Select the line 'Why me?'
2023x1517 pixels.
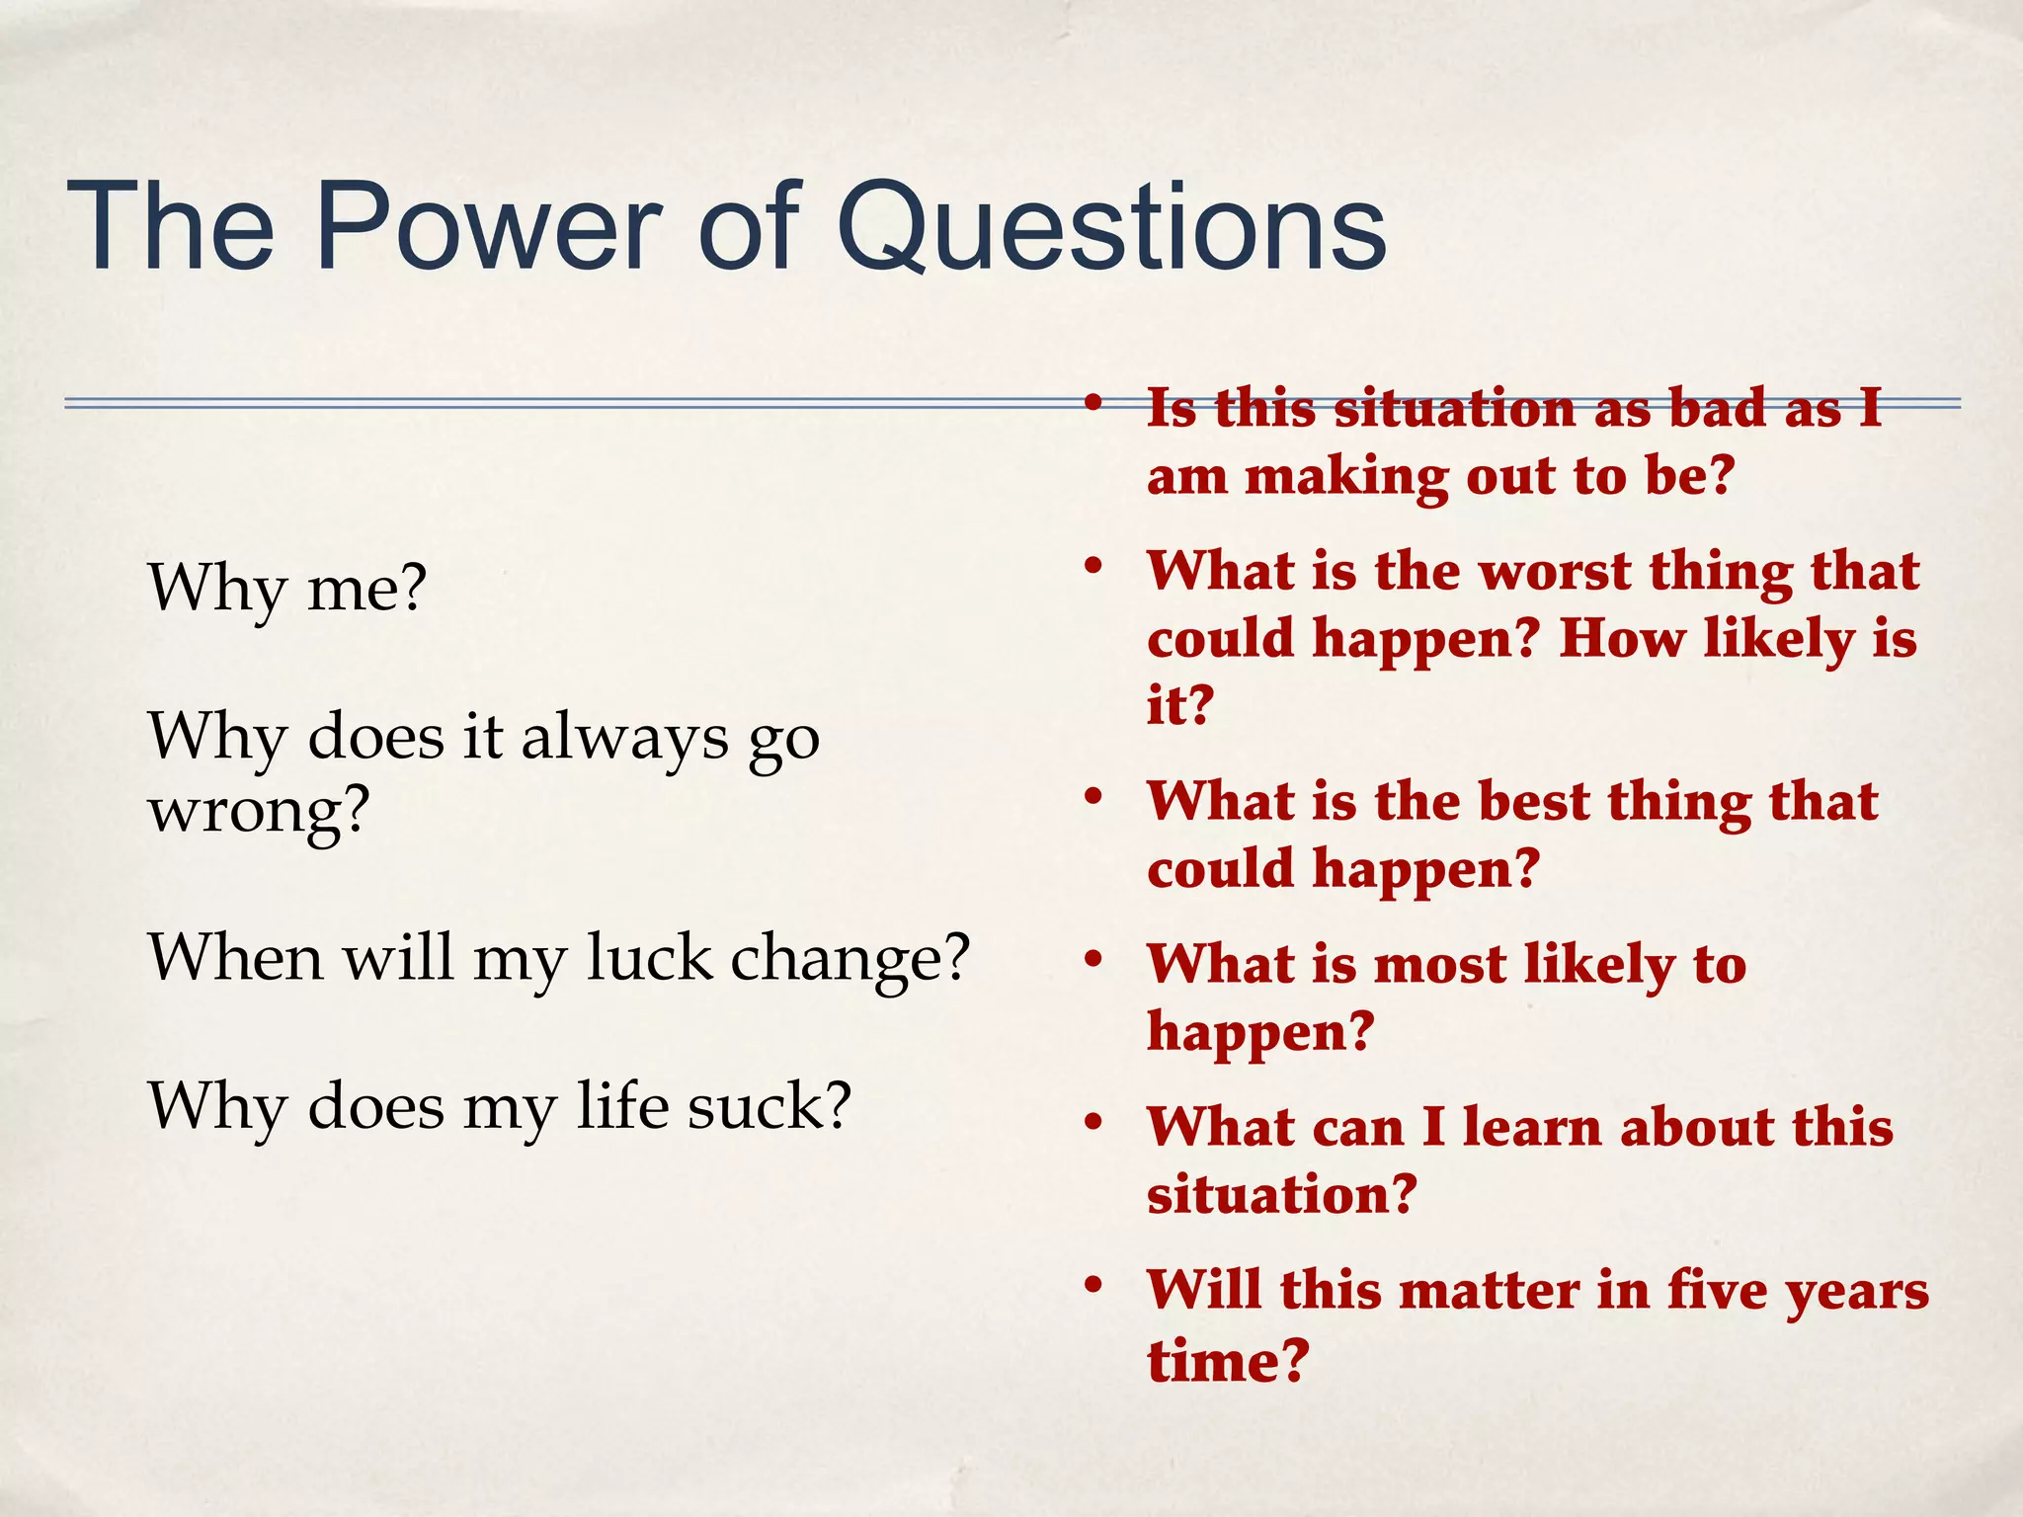click(x=286, y=589)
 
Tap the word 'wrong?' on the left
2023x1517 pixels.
click(x=259, y=812)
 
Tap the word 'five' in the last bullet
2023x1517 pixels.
click(x=1718, y=1291)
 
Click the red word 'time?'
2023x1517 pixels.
click(x=1228, y=1361)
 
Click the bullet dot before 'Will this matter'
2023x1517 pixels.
click(x=1092, y=1286)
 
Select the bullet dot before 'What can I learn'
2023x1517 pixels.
click(x=1092, y=1123)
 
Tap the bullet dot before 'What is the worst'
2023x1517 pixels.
click(x=1092, y=567)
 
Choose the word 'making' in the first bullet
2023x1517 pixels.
click(x=1345, y=478)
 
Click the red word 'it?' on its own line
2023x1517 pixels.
click(x=1179, y=706)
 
